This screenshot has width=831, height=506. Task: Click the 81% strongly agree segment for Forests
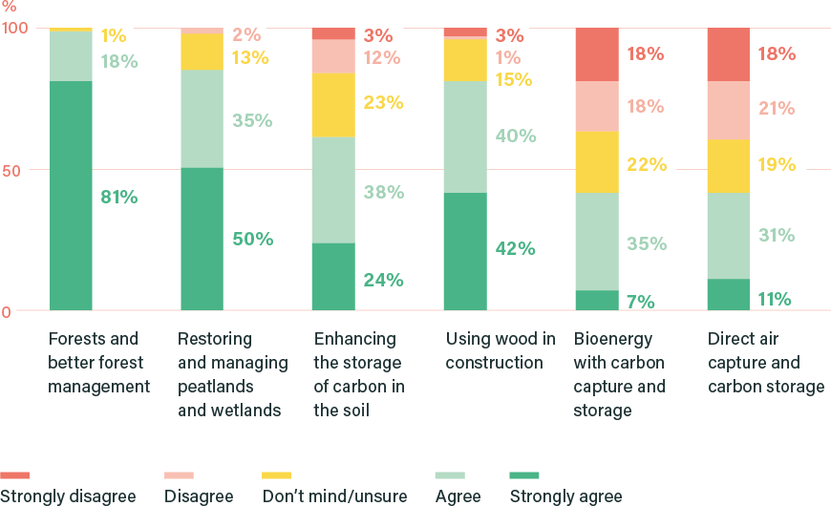coord(71,196)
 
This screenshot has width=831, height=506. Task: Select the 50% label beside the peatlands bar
coord(252,239)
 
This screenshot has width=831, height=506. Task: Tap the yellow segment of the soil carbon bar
coord(333,105)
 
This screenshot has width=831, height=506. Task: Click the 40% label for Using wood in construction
coord(515,136)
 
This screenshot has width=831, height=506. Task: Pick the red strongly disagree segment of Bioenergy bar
coord(596,54)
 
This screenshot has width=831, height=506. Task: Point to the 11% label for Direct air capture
coord(775,299)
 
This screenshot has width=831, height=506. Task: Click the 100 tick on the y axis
coord(13,29)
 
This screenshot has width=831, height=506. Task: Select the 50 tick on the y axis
coord(11,170)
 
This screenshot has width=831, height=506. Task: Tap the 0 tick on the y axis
coord(6,311)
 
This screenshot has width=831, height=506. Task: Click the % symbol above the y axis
coord(9,7)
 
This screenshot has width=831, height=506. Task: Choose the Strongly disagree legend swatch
coord(15,474)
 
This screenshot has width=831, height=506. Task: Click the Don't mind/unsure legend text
coord(334,496)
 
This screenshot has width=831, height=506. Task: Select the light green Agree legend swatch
coord(450,474)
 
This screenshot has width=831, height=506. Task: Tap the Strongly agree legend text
coord(565,496)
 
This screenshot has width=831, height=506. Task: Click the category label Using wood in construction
coord(501,350)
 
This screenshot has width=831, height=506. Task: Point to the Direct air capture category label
coord(765,363)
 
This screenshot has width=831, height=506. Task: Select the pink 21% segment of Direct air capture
coord(728,110)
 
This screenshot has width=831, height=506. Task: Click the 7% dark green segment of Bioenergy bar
coord(596,301)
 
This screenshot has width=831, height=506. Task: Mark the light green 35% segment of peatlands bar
coord(202,119)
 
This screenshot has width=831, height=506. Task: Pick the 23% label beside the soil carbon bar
coord(383,101)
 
